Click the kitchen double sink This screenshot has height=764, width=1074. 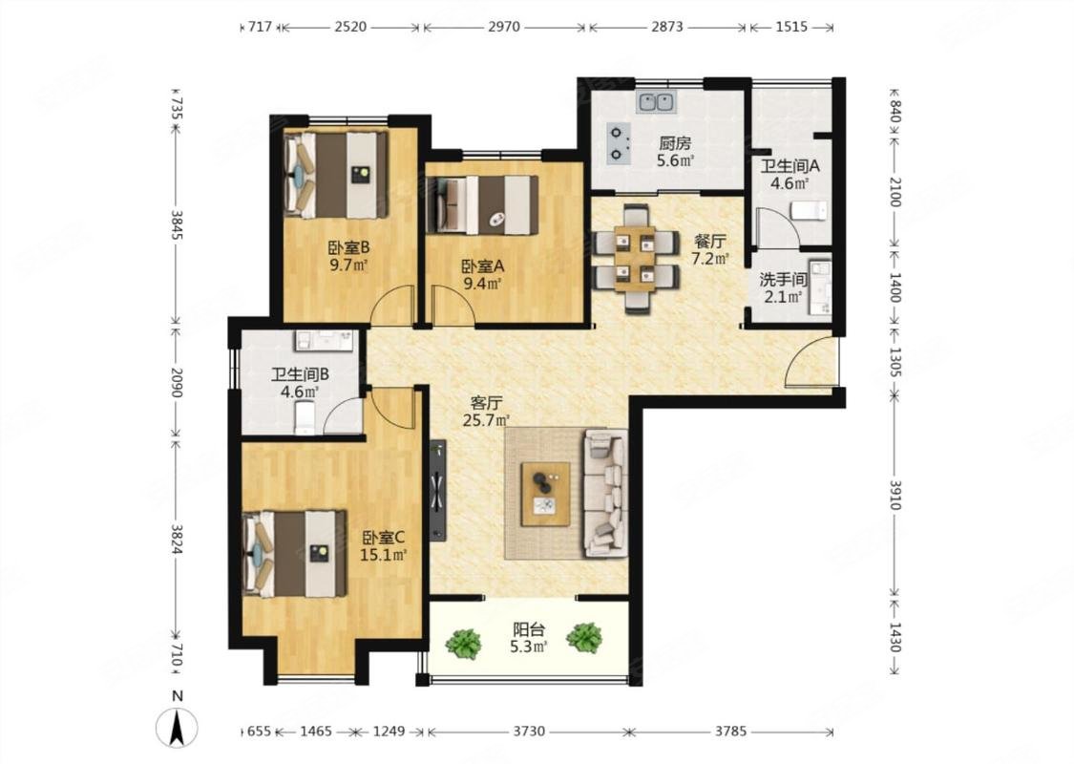(657, 102)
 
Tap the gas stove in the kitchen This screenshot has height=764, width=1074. (621, 144)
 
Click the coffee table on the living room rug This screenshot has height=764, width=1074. (545, 494)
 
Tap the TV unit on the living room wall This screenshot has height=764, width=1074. (437, 491)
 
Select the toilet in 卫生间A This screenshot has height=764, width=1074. (809, 210)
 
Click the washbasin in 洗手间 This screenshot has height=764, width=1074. (819, 286)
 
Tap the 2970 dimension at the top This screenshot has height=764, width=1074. (504, 28)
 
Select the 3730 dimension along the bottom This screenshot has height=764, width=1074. (529, 732)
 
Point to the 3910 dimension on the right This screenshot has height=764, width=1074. (895, 495)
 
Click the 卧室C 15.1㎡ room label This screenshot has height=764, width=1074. (384, 546)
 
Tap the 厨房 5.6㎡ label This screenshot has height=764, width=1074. (675, 152)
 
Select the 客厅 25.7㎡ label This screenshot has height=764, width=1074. (486, 412)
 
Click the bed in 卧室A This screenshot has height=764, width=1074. (482, 204)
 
